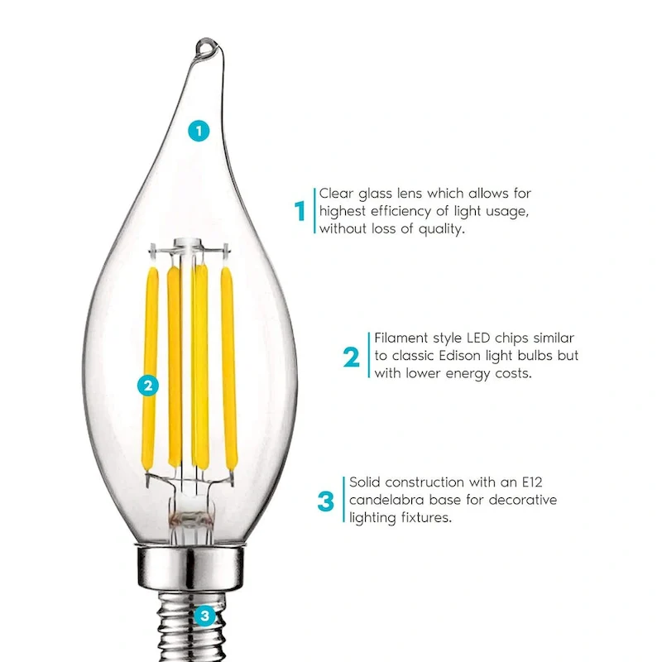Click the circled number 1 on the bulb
point(198,130)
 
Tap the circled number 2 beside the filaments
point(148,384)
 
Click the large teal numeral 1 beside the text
point(300,211)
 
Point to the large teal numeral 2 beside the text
point(352,357)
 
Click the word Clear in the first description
point(337,194)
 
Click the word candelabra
point(385,501)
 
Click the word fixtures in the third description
point(428,519)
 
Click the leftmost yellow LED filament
point(150,368)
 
